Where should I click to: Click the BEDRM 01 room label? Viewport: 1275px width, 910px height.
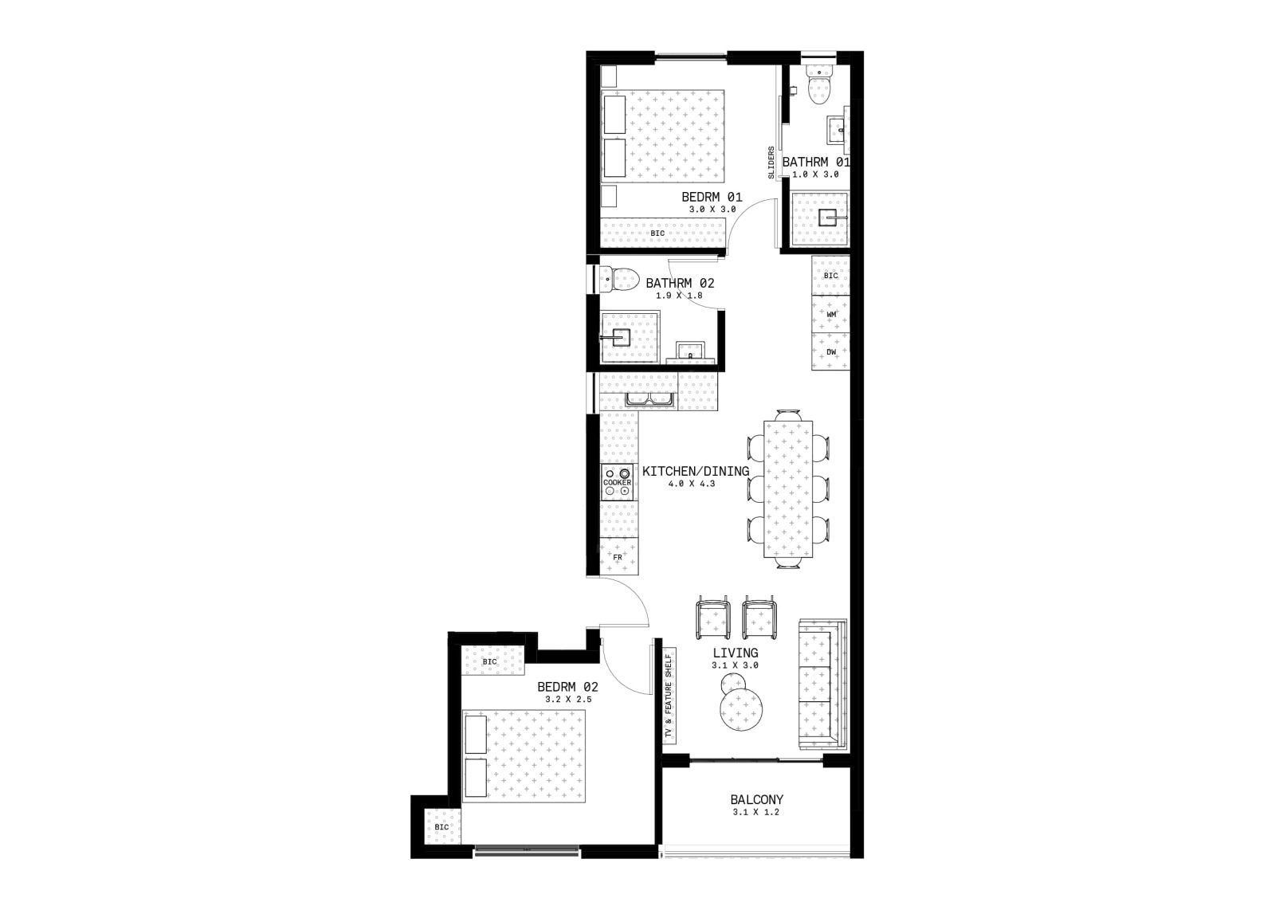[x=712, y=197]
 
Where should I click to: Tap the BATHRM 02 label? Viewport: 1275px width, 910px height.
[x=680, y=283]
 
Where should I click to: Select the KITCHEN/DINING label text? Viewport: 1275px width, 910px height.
[x=696, y=471]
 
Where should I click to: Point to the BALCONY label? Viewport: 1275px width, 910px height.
[x=756, y=799]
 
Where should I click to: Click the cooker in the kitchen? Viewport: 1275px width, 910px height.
[x=618, y=482]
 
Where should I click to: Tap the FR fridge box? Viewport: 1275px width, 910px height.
[x=618, y=555]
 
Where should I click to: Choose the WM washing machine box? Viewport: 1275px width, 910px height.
[x=831, y=314]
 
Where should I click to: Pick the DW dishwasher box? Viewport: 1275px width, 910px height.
[x=831, y=351]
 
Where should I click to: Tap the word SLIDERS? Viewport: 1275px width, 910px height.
[x=771, y=163]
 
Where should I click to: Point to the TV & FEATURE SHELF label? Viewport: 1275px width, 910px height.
[x=669, y=696]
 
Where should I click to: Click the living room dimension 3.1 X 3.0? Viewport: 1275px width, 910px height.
[x=735, y=665]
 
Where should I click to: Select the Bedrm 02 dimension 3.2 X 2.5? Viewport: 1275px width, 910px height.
[x=568, y=700]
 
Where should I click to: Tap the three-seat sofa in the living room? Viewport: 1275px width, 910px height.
[x=822, y=684]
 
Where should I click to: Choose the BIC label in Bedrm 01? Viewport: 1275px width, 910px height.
[x=657, y=233]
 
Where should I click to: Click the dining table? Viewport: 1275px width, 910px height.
[x=788, y=488]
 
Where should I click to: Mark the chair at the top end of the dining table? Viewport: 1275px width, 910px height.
[x=788, y=415]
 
